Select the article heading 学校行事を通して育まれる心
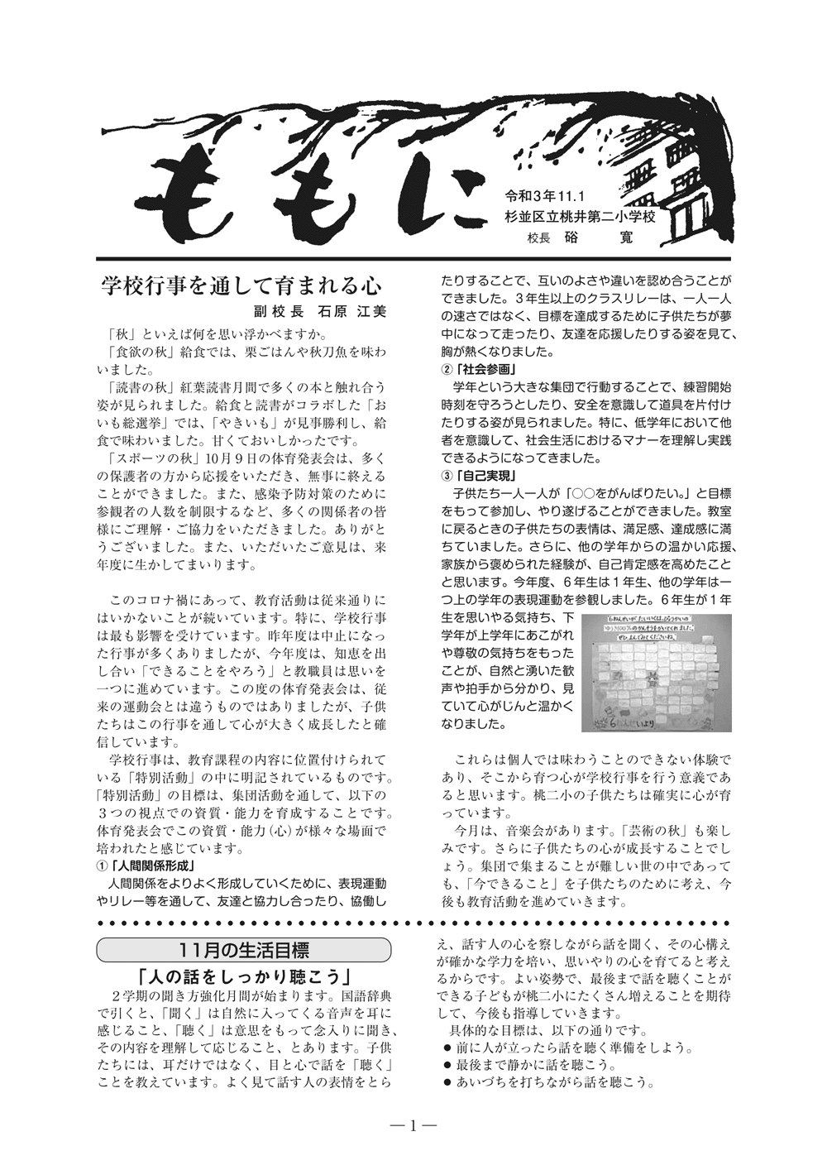240,286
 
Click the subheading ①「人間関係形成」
146,866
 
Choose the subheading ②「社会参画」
479,369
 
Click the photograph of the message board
657,673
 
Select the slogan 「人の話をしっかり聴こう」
246,975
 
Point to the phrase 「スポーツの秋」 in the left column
146,458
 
